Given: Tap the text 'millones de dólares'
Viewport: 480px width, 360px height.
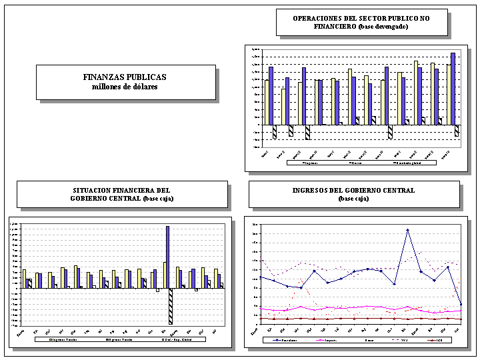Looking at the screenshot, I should [125, 87].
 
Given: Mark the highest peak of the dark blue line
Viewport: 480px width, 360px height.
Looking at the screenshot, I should [407, 230].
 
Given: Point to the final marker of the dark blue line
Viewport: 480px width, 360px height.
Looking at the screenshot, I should [460, 304].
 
